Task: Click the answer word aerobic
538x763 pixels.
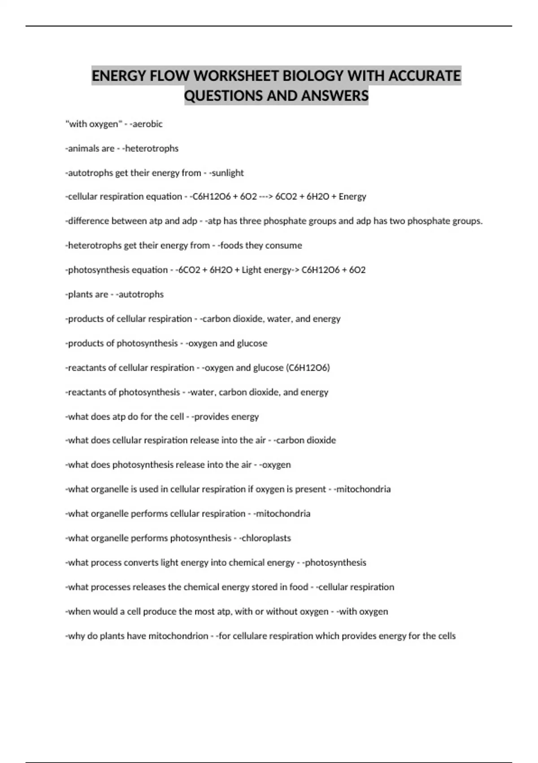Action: point(148,124)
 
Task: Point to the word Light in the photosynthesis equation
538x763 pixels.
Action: point(252,270)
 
